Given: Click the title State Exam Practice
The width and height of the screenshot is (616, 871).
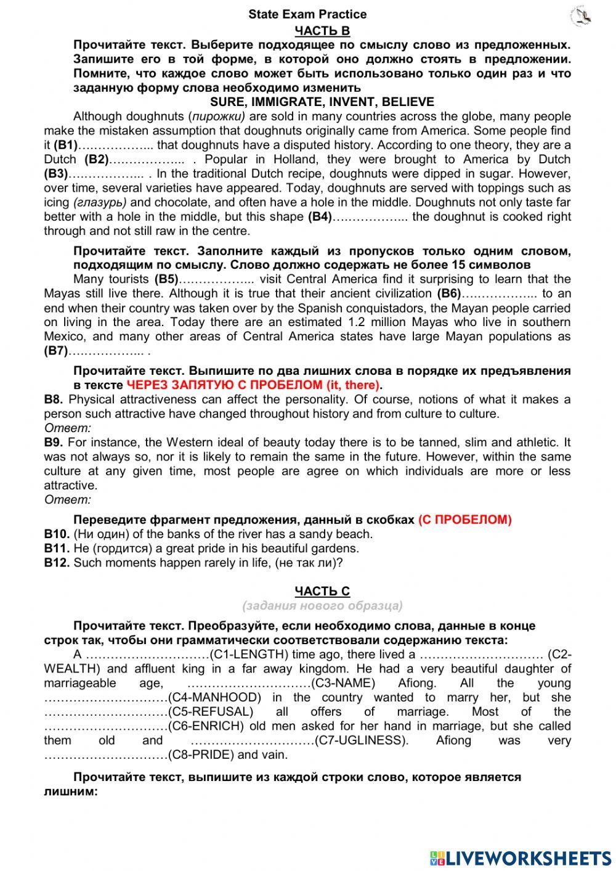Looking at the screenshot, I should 307,14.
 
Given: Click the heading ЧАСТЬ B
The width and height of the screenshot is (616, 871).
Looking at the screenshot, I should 322,31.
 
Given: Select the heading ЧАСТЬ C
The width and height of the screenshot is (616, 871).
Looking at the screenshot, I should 322,591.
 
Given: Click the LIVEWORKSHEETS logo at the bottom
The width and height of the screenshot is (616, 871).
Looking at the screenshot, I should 521,858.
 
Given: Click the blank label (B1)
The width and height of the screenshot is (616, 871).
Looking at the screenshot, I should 66,145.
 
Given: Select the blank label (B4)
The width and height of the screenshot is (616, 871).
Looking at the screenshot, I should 320,217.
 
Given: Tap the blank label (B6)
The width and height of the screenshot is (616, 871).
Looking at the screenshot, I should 448,294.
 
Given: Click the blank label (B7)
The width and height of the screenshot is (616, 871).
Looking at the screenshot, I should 56,351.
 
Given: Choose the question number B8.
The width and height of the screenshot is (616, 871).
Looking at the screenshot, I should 54,399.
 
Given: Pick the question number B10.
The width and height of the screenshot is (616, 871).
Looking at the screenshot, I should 57,534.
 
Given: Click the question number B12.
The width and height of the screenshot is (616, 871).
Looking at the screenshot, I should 57,563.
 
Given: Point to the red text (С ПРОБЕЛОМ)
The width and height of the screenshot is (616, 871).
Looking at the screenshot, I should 464,520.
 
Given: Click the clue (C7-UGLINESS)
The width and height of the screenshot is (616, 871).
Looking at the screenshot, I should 362,740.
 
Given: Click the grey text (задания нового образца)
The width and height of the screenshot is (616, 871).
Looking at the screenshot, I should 322,605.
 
